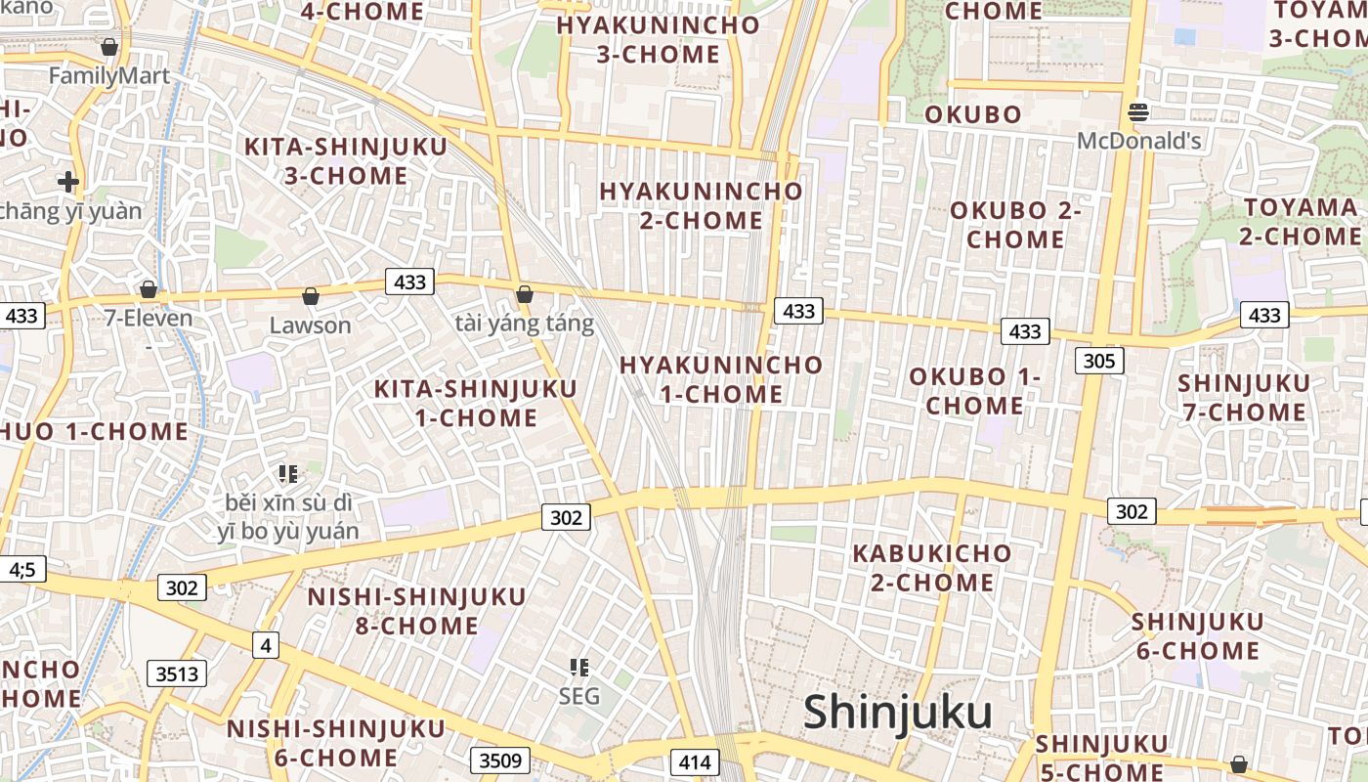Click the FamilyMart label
[x=109, y=75]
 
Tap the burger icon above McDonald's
[x=1137, y=112]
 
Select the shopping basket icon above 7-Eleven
[x=149, y=289]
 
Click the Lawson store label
[x=310, y=325]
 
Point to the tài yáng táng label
[x=525, y=324]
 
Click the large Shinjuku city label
[x=897, y=713]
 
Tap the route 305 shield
[x=1099, y=361]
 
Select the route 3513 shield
[x=177, y=673]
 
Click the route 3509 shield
[x=500, y=760]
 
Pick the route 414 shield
[x=695, y=762]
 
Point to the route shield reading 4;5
[x=21, y=569]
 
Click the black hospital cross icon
[x=67, y=181]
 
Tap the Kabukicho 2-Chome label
[x=932, y=568]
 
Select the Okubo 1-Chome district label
[x=975, y=391]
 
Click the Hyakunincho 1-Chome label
[x=721, y=379]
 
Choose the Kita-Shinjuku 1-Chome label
[x=476, y=403]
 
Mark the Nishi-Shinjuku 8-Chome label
[x=417, y=611]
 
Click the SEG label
[x=578, y=696]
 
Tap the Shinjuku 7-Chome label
[x=1243, y=397]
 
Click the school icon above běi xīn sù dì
[x=287, y=474]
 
